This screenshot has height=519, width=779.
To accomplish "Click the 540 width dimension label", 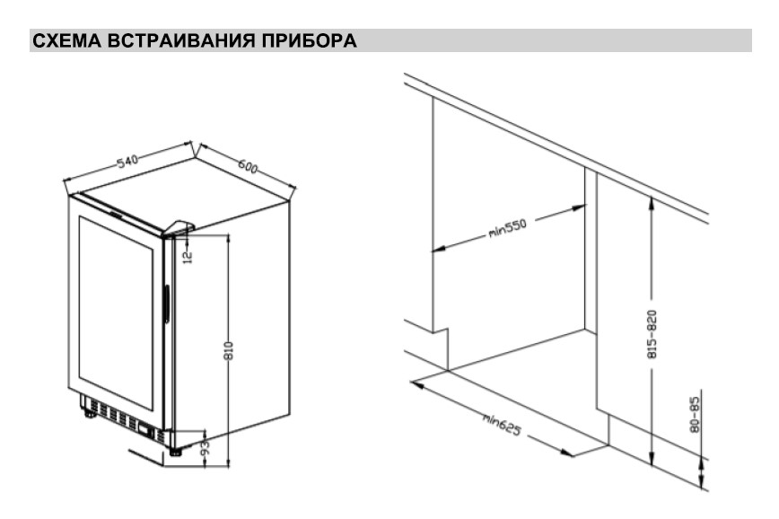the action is point(127,161).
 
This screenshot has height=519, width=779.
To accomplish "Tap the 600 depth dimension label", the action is point(248,166).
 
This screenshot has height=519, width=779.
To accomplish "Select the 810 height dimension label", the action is point(229,350).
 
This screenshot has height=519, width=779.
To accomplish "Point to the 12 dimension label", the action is point(188,257).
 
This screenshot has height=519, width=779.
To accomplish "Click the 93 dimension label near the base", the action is point(204,447).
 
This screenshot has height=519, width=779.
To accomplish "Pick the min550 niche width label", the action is point(507,228).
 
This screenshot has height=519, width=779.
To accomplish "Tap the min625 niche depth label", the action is point(502,425).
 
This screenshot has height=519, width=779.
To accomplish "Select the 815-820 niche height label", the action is point(652,334).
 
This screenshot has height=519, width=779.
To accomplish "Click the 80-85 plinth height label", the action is point(695,414).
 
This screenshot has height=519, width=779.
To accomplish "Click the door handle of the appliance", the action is point(167,304).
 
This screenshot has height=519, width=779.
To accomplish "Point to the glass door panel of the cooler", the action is point(115,312).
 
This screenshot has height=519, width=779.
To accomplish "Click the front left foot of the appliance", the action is point(91,412).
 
